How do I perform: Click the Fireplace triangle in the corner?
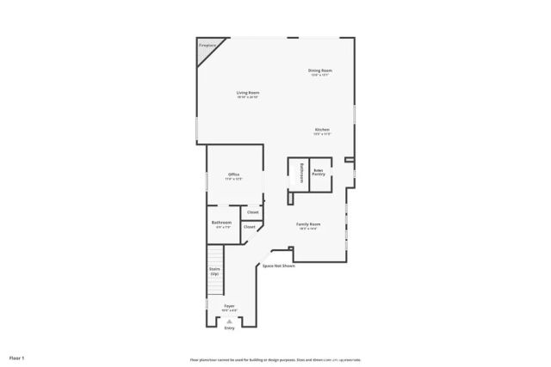coord(207,50)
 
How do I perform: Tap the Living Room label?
coord(249,92)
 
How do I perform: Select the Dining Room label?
coord(320,70)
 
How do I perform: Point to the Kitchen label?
coord(322,129)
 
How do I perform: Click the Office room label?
coord(234,174)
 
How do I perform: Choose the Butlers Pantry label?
coord(319,173)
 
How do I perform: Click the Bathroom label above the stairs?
coord(221,223)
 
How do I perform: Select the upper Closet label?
coord(253,212)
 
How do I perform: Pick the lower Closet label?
coord(249,227)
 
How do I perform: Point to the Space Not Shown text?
coord(279,266)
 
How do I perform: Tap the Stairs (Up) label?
coord(214,271)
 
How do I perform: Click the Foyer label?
coord(229,305)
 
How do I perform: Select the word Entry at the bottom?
coord(229,328)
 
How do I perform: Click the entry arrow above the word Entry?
coord(229,321)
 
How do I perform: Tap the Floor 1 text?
coord(17,357)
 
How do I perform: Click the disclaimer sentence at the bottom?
coord(275,359)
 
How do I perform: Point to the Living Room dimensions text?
coord(249,96)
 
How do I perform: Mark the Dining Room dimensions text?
coord(320,75)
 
